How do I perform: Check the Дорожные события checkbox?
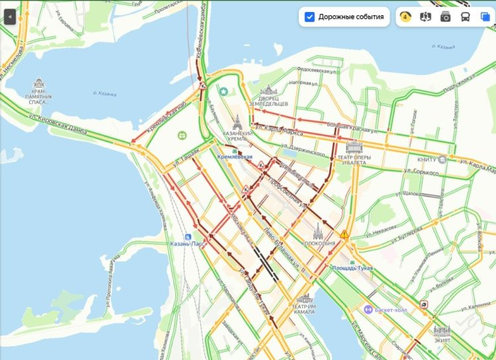click(x=309, y=17)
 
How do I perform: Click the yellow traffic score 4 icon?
click(x=406, y=17)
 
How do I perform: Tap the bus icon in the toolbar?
click(x=466, y=17)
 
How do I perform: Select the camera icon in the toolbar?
click(x=446, y=17)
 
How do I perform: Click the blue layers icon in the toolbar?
click(x=485, y=17)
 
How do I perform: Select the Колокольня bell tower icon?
click(x=318, y=232)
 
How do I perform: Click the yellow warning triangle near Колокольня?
click(x=344, y=234)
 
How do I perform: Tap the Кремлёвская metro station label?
click(x=235, y=156)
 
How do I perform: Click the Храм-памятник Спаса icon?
click(x=39, y=84)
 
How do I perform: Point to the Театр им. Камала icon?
click(x=305, y=299)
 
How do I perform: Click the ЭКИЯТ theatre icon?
click(x=442, y=331)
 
